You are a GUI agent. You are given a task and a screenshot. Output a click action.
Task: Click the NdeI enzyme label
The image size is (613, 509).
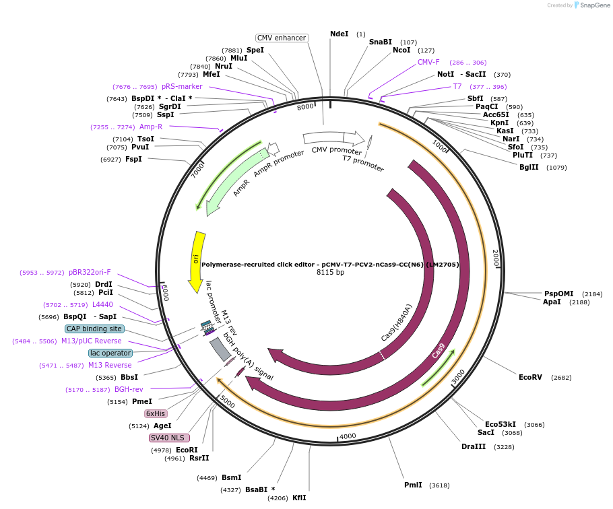339,34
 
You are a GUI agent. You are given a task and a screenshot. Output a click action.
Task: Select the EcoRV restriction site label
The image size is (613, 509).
530,377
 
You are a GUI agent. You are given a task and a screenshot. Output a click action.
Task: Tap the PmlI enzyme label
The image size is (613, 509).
413,485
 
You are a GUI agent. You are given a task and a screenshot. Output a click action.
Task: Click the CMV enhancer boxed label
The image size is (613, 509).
282,38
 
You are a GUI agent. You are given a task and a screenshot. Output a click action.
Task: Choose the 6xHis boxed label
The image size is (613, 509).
156,413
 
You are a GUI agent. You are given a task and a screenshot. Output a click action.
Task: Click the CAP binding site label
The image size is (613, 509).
95,329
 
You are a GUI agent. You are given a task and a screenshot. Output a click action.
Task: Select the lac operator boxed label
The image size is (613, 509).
110,353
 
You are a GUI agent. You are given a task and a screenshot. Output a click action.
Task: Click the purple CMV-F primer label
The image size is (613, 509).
428,62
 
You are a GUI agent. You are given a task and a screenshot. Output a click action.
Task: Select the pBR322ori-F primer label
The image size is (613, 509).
90,273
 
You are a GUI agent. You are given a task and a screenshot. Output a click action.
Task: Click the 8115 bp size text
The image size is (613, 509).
330,273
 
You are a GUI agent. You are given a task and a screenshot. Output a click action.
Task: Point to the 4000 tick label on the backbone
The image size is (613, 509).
348,436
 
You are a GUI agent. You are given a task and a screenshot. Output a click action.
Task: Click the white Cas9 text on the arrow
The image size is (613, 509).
439,351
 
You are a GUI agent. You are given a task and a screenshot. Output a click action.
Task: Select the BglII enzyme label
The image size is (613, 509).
529,167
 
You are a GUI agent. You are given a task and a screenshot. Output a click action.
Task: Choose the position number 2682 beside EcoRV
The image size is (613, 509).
561,378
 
